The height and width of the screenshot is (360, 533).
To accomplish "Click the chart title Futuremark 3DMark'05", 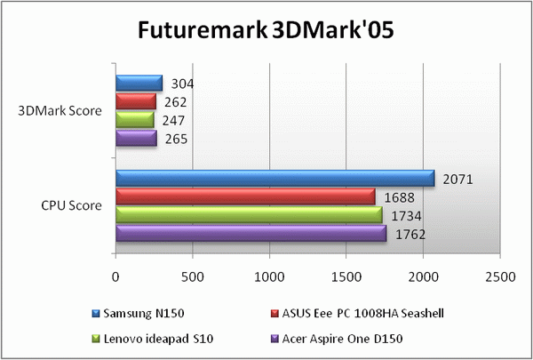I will tap(265, 30).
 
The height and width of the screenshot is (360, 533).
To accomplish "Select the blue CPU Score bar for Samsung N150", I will tap(274, 179).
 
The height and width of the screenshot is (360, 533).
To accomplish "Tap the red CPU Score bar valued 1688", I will tap(245, 196).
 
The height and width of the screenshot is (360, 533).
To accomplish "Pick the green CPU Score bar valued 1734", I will tap(249, 215).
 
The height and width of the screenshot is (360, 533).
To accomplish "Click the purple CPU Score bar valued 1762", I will tap(251, 233).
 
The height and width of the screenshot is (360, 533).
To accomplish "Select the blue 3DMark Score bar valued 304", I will tap(139, 84).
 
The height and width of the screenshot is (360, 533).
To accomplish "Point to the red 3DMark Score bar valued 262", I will tap(135, 101).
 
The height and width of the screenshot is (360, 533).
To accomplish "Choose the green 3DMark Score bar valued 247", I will tap(134, 120).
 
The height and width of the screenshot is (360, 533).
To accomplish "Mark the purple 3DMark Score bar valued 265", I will tap(136, 138).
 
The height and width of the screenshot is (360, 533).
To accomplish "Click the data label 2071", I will tap(458, 180).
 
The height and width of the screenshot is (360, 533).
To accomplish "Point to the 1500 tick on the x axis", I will tap(346, 277).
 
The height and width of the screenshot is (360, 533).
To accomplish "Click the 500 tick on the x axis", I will tap(192, 277).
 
